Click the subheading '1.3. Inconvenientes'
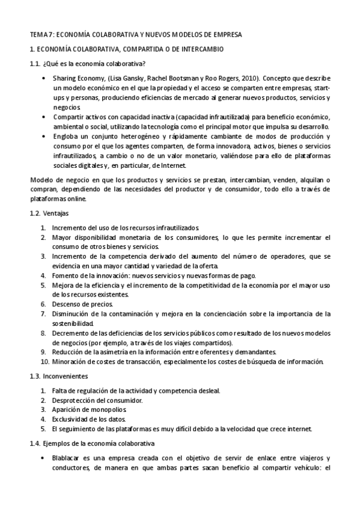[x=62, y=376]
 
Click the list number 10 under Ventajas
[x=44, y=361]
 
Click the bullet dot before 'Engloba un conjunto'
[x=44, y=137]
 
